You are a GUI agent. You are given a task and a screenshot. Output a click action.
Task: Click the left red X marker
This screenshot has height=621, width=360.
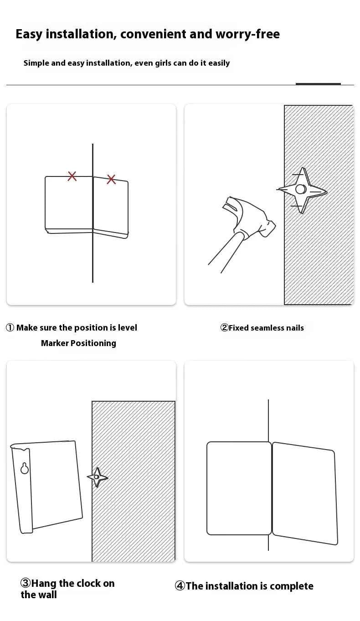pyautogui.click(x=72, y=176)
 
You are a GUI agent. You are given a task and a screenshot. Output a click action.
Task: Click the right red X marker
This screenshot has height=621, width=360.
pyautogui.click(x=111, y=179)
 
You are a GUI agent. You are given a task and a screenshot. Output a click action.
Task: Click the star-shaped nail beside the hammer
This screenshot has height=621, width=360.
pyautogui.click(x=302, y=190)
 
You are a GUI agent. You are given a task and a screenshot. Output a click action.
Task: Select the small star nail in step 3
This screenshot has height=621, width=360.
pyautogui.click(x=97, y=477)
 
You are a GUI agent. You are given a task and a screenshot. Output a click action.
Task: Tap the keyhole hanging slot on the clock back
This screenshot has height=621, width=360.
pyautogui.click(x=25, y=468)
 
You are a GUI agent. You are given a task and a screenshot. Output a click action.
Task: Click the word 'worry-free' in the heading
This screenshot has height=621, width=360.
pyautogui.click(x=247, y=34)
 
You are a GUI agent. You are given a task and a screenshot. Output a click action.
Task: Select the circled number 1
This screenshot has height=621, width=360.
pyautogui.click(x=10, y=328)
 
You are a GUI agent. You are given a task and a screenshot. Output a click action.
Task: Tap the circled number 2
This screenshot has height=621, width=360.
pyautogui.click(x=224, y=328)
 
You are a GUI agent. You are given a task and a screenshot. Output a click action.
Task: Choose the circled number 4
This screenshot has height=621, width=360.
pyautogui.click(x=180, y=586)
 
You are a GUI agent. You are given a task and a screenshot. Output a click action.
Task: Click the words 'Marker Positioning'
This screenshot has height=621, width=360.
pyautogui.click(x=78, y=343)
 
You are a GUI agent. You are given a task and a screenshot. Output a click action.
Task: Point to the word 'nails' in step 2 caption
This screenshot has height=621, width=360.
pyautogui.click(x=295, y=328)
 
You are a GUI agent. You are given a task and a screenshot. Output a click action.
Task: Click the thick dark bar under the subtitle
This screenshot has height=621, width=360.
pyautogui.click(x=318, y=84)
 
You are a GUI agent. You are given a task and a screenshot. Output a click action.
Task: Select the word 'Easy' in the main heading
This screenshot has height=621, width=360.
pyautogui.click(x=29, y=35)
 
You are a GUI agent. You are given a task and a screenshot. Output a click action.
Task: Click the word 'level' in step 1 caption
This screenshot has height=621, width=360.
pyautogui.click(x=128, y=328)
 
